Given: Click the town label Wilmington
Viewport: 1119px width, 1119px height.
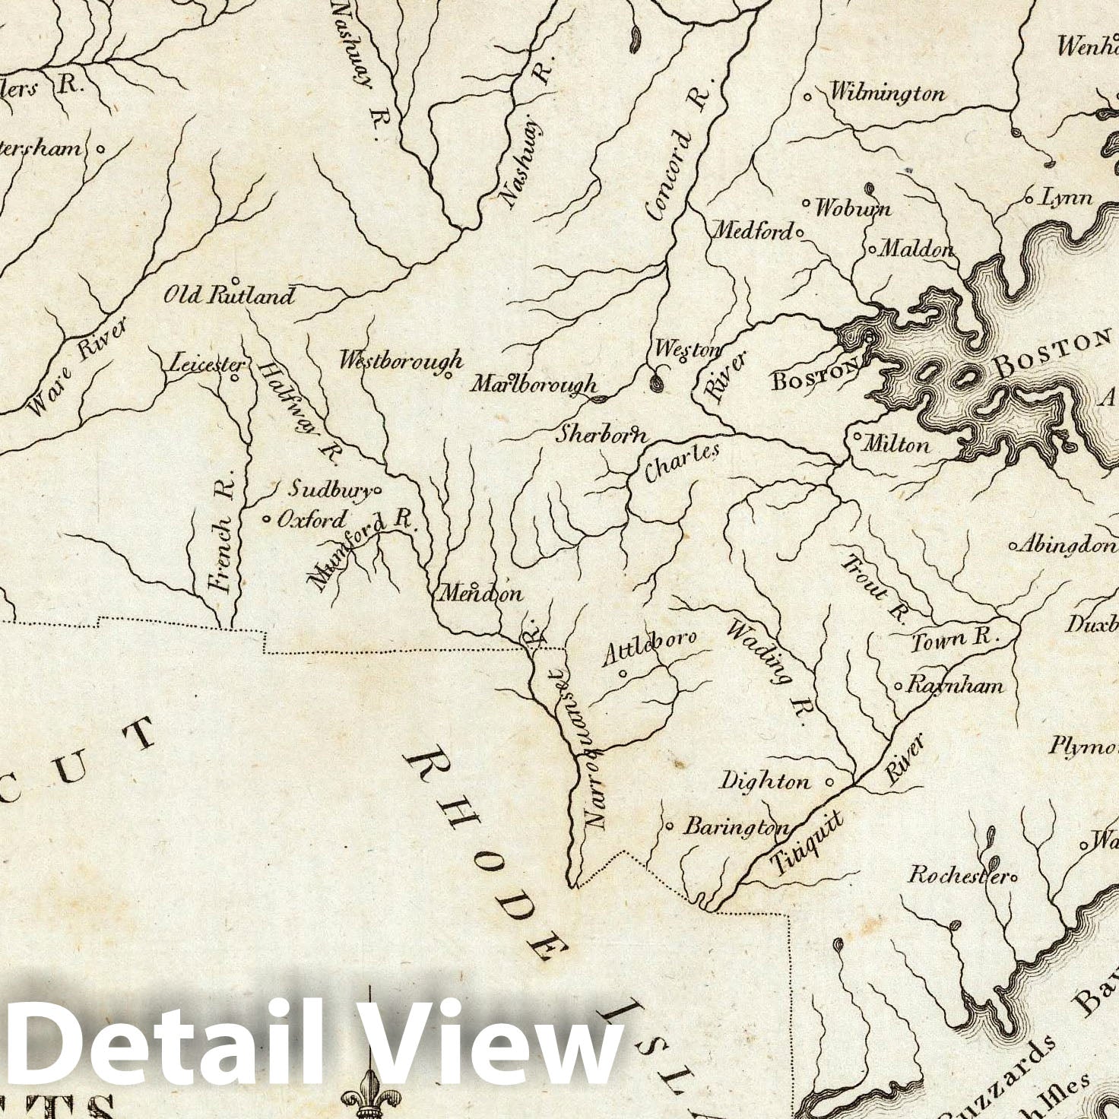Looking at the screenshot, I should coord(887,94).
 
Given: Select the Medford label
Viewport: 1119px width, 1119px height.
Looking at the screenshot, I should coord(752,230).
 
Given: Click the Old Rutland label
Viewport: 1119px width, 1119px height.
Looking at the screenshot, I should coord(229,295).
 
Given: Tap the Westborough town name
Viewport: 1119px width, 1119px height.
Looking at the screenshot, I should coord(401,360).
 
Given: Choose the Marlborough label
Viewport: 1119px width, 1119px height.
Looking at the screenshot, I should coord(534,385).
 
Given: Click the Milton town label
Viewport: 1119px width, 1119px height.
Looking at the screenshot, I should coord(898,444).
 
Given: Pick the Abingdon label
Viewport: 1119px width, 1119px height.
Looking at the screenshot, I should coord(1068,545).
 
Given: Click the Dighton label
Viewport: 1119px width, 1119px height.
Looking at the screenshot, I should coord(765,781).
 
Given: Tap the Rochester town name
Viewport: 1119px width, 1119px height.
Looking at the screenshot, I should coord(959,874).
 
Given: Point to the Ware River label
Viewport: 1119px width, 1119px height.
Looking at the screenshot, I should coord(77,367).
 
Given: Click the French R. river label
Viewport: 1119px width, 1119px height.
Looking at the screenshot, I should coord(222,540).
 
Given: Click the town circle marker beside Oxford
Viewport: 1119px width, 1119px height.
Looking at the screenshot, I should coord(267,520).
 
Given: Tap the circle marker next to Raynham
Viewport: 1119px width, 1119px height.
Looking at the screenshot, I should coord(898,686).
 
